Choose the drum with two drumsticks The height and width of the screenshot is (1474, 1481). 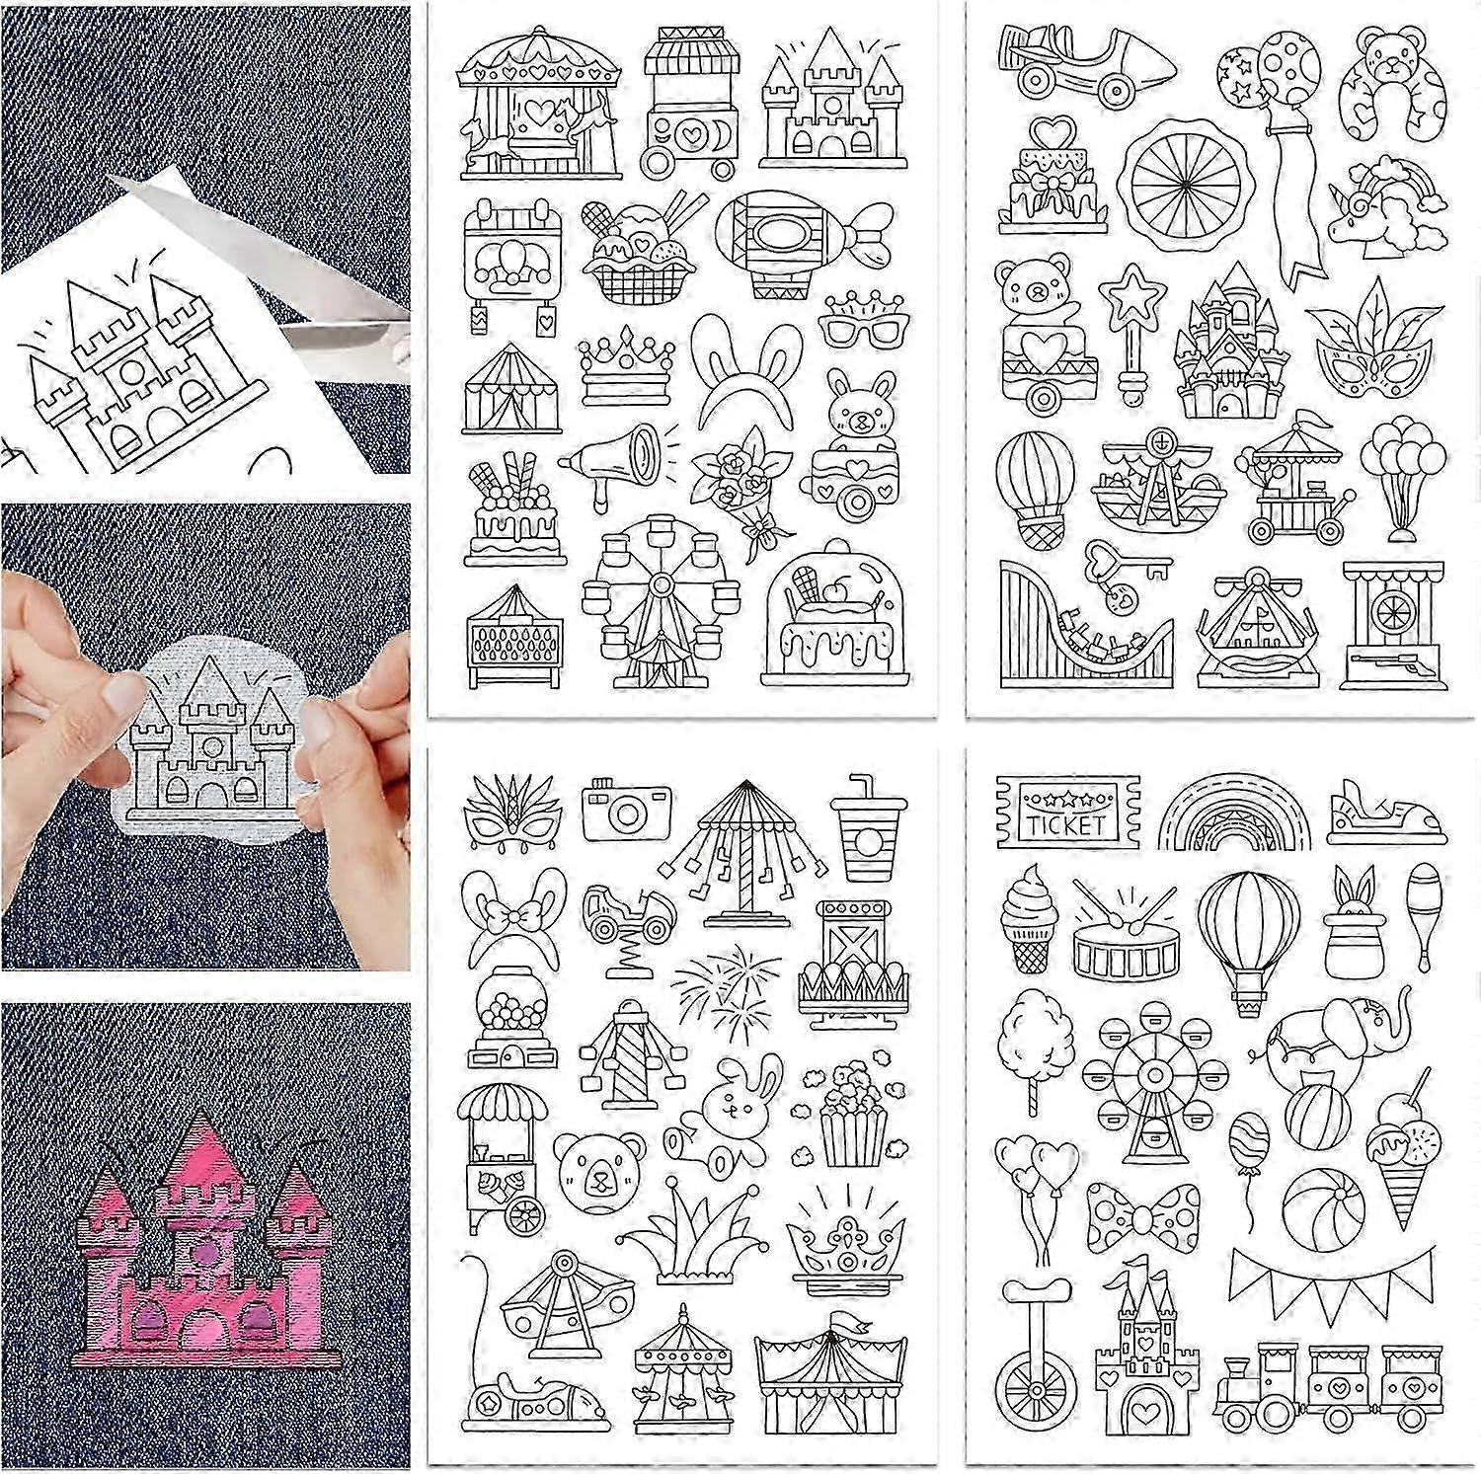pos(1120,949)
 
